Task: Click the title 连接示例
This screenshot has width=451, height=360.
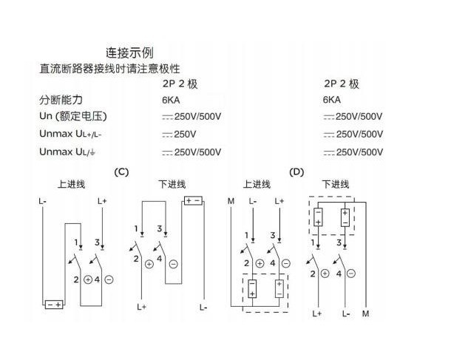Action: tap(129, 52)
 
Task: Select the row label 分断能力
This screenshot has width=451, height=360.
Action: tap(61, 100)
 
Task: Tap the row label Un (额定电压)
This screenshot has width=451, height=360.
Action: tap(73, 116)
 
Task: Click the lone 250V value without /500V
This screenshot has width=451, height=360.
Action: tap(179, 134)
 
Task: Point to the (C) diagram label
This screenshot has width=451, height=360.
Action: tap(121, 172)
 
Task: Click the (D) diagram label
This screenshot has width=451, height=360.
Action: tap(296, 172)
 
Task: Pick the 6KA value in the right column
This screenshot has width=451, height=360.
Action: tap(332, 100)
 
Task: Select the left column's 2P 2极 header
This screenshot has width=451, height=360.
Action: tap(180, 84)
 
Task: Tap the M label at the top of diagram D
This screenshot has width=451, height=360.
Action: tap(231, 201)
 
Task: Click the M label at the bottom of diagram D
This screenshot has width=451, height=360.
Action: tap(365, 313)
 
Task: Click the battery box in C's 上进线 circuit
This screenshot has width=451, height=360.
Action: tap(54, 305)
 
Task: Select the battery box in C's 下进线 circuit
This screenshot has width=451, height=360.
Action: tap(193, 201)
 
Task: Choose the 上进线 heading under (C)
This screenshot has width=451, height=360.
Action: tap(71, 184)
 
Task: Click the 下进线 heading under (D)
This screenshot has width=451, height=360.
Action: tap(336, 184)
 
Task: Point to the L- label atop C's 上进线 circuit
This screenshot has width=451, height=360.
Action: tap(42, 201)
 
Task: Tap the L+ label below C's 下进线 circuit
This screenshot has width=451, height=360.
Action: tap(141, 307)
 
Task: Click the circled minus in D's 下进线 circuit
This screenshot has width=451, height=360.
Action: tap(351, 274)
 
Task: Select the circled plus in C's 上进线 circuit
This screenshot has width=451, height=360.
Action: tap(88, 279)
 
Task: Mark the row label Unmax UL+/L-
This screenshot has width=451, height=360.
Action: tap(70, 134)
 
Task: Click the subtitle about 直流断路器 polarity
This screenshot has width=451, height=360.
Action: tap(109, 69)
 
